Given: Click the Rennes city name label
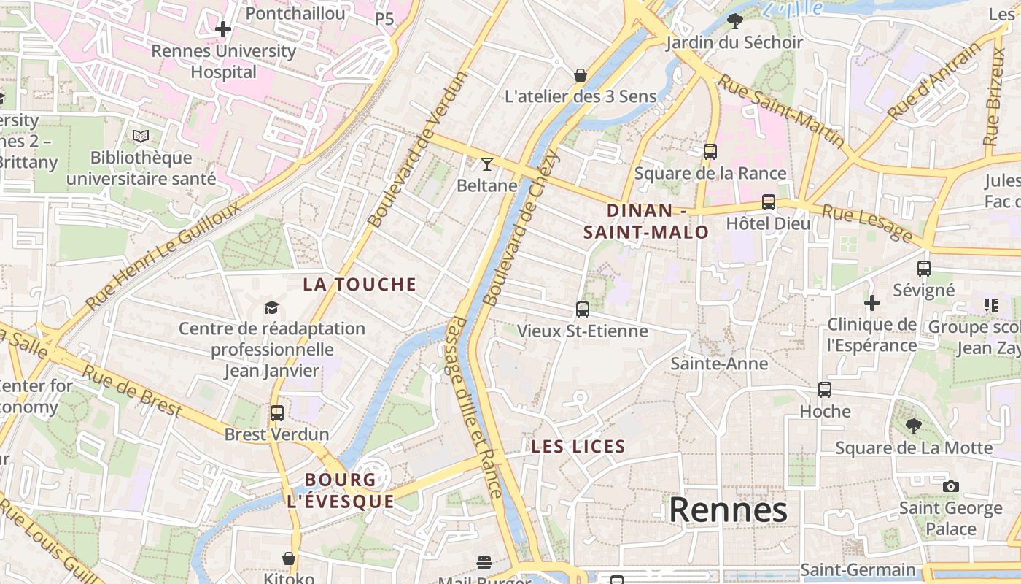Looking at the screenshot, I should pyautogui.click(x=728, y=510).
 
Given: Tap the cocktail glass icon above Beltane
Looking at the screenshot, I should pyautogui.click(x=487, y=164).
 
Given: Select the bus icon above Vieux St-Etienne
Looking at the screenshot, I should pyautogui.click(x=582, y=310).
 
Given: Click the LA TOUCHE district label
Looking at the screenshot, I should pyautogui.click(x=360, y=285).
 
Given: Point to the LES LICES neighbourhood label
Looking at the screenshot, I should pyautogui.click(x=578, y=447).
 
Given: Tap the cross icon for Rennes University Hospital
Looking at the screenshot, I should pyautogui.click(x=223, y=30).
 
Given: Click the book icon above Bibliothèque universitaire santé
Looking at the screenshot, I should pyautogui.click(x=141, y=136).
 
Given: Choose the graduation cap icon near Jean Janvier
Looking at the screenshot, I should pyautogui.click(x=271, y=307).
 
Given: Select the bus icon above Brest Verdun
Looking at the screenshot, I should pyautogui.click(x=276, y=413).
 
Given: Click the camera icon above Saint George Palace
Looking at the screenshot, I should pyautogui.click(x=950, y=486).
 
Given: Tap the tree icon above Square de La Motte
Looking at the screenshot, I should pyautogui.click(x=913, y=426).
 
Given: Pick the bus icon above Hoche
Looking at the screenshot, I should pyautogui.click(x=825, y=390).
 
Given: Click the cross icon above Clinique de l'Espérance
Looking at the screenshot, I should pyautogui.click(x=872, y=302).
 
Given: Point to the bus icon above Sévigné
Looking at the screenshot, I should pyautogui.click(x=924, y=269).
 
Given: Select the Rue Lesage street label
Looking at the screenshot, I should pyautogui.click(x=867, y=223).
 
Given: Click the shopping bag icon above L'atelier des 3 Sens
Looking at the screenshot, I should pyautogui.click(x=581, y=75).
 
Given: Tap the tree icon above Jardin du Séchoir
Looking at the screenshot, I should pyautogui.click(x=735, y=20).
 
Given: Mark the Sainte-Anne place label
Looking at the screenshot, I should pyautogui.click(x=719, y=364).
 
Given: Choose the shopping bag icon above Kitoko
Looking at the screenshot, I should pyautogui.click(x=289, y=558).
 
